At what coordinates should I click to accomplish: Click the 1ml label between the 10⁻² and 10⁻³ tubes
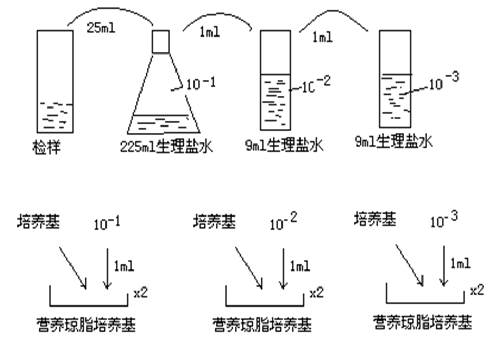322,37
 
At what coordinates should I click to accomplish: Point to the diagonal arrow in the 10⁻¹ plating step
73,267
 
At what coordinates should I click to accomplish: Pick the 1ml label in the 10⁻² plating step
300,265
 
